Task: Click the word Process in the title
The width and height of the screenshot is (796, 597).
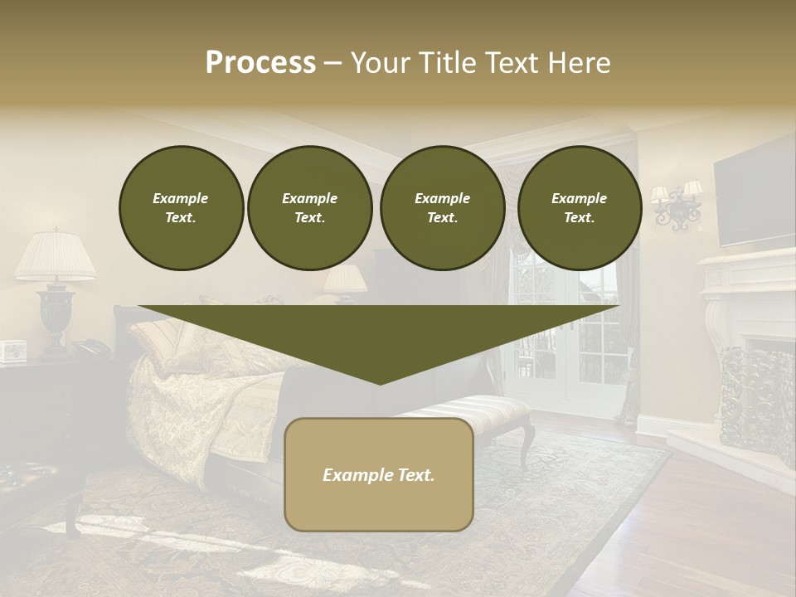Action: tap(260, 63)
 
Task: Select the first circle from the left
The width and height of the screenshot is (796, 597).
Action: tap(181, 208)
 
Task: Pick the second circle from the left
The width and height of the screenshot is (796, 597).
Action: tap(309, 208)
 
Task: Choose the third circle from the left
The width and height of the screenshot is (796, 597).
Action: tap(442, 208)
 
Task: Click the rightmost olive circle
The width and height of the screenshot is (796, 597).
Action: tap(579, 208)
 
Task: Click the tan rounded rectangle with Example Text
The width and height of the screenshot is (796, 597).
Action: tap(379, 474)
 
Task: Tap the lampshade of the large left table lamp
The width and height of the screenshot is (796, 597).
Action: tap(55, 256)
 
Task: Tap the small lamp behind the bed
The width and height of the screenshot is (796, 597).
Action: tap(345, 281)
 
